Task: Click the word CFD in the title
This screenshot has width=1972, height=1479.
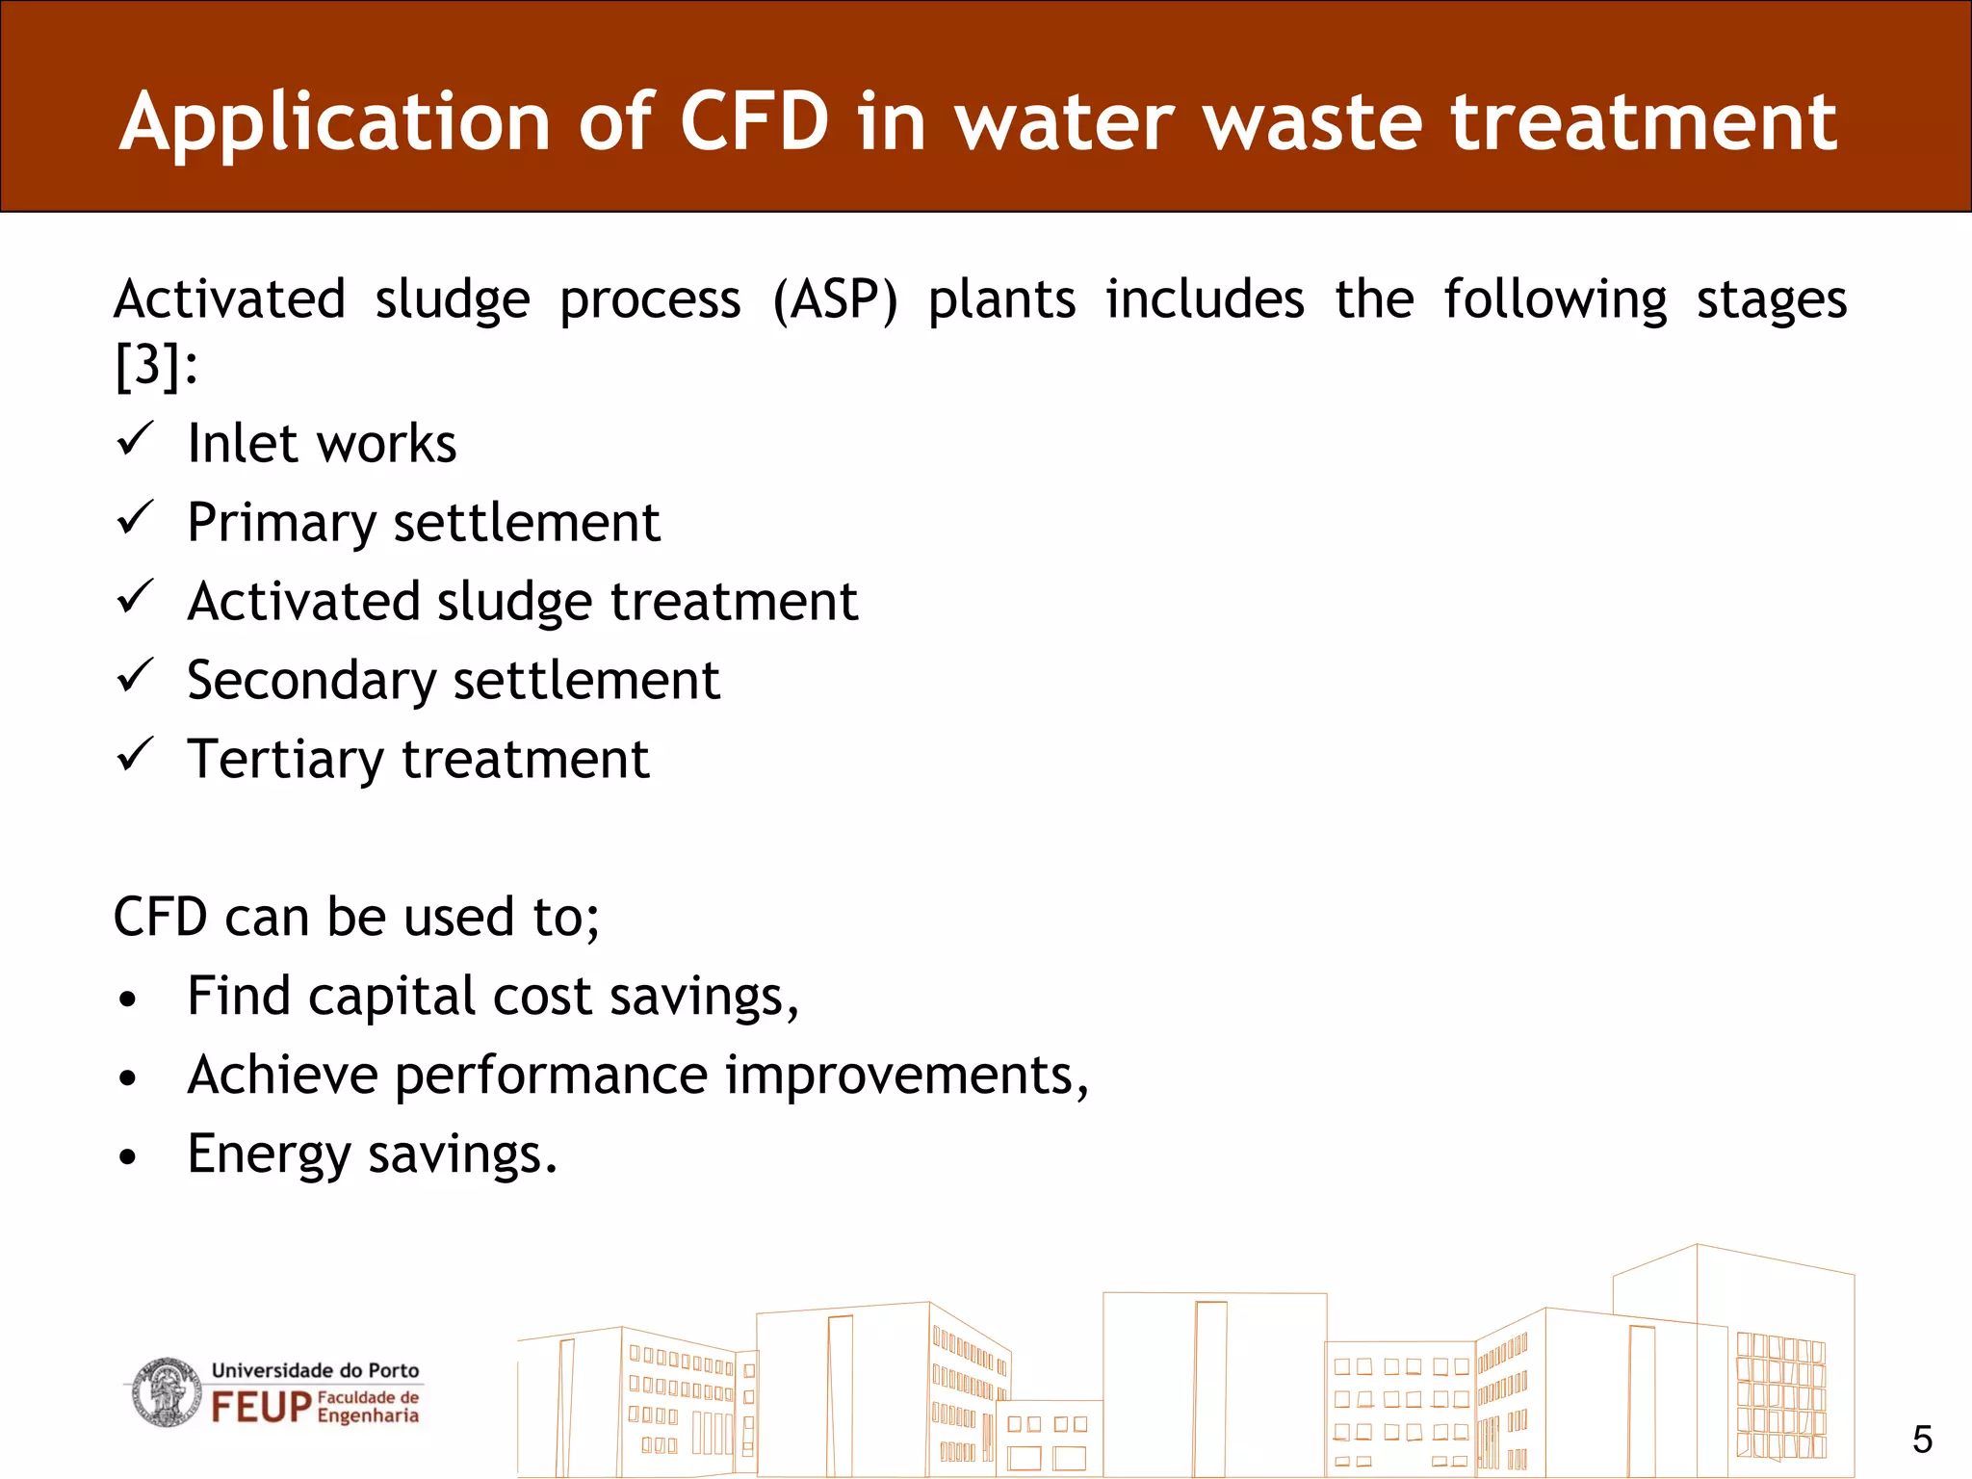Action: point(754,122)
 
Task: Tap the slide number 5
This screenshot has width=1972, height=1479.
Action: point(1922,1440)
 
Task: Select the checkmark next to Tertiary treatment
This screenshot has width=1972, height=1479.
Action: point(135,755)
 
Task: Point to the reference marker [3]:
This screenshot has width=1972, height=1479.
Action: point(156,366)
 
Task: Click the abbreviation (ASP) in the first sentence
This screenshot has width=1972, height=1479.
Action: point(835,299)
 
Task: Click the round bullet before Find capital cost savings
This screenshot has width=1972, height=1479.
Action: point(128,999)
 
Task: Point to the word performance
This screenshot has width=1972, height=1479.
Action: point(551,1077)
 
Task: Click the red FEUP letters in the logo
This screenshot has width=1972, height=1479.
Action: point(261,1407)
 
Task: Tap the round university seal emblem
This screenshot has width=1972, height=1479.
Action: point(166,1392)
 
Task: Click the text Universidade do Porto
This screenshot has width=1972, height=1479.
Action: point(315,1370)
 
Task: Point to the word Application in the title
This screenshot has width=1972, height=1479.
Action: point(335,122)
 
